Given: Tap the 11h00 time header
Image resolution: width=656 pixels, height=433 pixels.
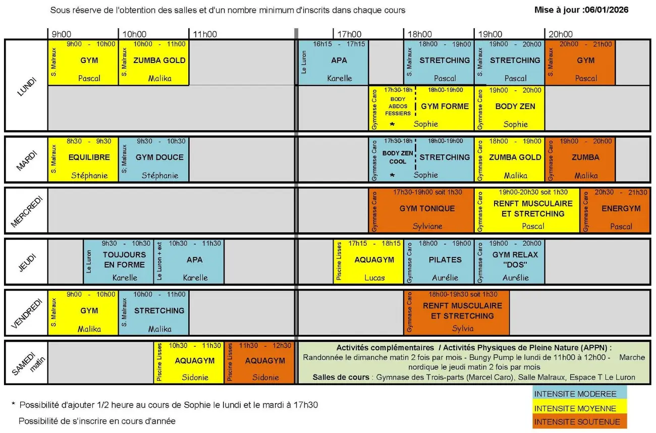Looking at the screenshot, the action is coord(205,34).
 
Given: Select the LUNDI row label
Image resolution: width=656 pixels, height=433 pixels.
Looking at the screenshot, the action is coord(26,87).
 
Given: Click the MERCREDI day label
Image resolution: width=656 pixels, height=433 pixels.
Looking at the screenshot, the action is coord(26,211).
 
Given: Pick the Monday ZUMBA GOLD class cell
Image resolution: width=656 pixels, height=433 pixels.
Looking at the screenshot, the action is coord(154,63).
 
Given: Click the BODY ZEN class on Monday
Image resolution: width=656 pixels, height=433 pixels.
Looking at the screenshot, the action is coord(510,108).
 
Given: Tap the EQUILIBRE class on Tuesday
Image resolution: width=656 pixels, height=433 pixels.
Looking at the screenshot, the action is coord(83,159).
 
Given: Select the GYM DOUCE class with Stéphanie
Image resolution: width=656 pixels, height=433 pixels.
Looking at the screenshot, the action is coord(154,159).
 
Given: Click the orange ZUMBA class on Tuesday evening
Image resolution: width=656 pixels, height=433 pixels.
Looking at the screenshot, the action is coord(580,159).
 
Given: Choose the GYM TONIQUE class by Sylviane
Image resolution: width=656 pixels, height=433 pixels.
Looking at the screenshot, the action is coord(421,210).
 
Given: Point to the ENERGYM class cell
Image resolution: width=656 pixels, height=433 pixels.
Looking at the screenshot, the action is coord(615,210).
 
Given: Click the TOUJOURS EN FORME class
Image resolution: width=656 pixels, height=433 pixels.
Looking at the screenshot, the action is coord(118,261).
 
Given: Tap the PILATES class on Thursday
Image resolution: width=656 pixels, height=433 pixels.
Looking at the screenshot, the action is coord(439,261).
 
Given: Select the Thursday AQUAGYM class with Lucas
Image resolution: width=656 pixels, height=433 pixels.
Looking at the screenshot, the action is coord(368,261).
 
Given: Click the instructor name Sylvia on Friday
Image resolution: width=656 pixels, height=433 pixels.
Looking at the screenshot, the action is coord(463,329).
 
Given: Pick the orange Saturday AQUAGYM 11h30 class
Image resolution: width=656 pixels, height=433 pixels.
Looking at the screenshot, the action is coord(259,362).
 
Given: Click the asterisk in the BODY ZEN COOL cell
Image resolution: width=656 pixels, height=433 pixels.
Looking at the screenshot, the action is coord(393,176).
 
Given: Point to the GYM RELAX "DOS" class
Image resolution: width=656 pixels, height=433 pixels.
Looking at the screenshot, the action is coord(510,261).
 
